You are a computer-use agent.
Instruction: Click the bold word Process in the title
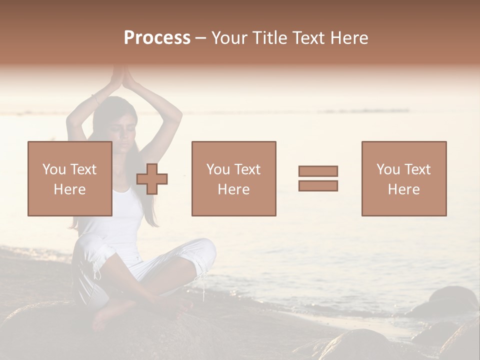157,38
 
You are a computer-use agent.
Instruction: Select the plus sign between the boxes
152,178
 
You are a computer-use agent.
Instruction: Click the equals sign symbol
318,178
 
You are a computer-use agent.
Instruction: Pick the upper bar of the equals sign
318,171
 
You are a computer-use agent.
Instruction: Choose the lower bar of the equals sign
318,185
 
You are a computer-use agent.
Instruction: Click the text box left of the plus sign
69,178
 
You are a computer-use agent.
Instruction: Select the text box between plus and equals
233,178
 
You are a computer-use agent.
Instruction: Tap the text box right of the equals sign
403,178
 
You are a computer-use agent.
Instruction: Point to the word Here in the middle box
233,189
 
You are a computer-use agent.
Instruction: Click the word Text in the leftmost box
83,169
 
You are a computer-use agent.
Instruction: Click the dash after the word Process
201,38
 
